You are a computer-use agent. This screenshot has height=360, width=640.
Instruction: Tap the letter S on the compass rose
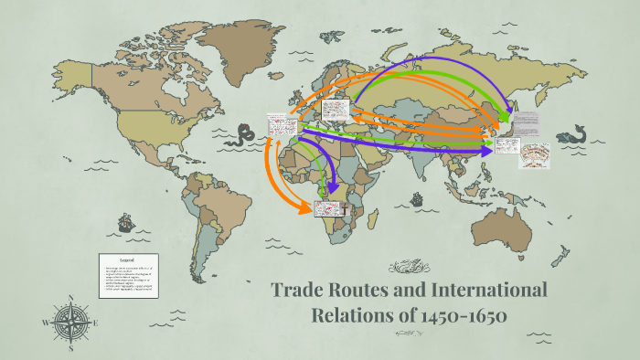[70, 348]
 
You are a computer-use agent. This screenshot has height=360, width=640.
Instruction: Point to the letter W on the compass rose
[46, 323]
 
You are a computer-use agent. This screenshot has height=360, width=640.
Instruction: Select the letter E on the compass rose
[96, 323]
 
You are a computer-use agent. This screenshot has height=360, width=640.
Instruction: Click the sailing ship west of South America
[124, 223]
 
